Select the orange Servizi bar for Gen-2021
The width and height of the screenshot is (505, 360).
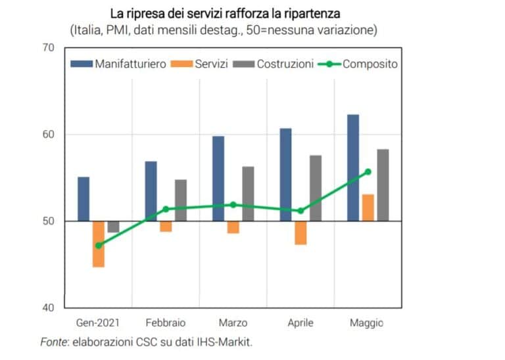pos(99,244)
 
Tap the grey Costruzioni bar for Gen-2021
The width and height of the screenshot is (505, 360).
pos(113,227)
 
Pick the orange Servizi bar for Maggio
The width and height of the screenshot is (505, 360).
pos(368,208)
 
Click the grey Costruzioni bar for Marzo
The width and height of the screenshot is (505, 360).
pos(248,194)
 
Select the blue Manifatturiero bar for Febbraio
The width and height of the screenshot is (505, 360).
pos(151,191)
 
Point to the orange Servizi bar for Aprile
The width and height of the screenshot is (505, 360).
pos(301,233)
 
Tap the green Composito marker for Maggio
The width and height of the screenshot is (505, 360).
pos(368,172)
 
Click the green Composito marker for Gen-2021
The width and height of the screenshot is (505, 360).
pos(99,246)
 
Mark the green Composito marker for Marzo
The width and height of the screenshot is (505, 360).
pos(233,204)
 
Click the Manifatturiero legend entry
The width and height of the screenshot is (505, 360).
pos(122,64)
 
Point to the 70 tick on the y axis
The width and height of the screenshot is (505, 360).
pos(48,48)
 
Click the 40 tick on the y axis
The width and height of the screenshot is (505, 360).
pos(48,307)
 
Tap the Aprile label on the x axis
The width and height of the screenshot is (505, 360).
pos(301,323)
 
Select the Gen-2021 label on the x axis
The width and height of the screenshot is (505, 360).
pos(98,323)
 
